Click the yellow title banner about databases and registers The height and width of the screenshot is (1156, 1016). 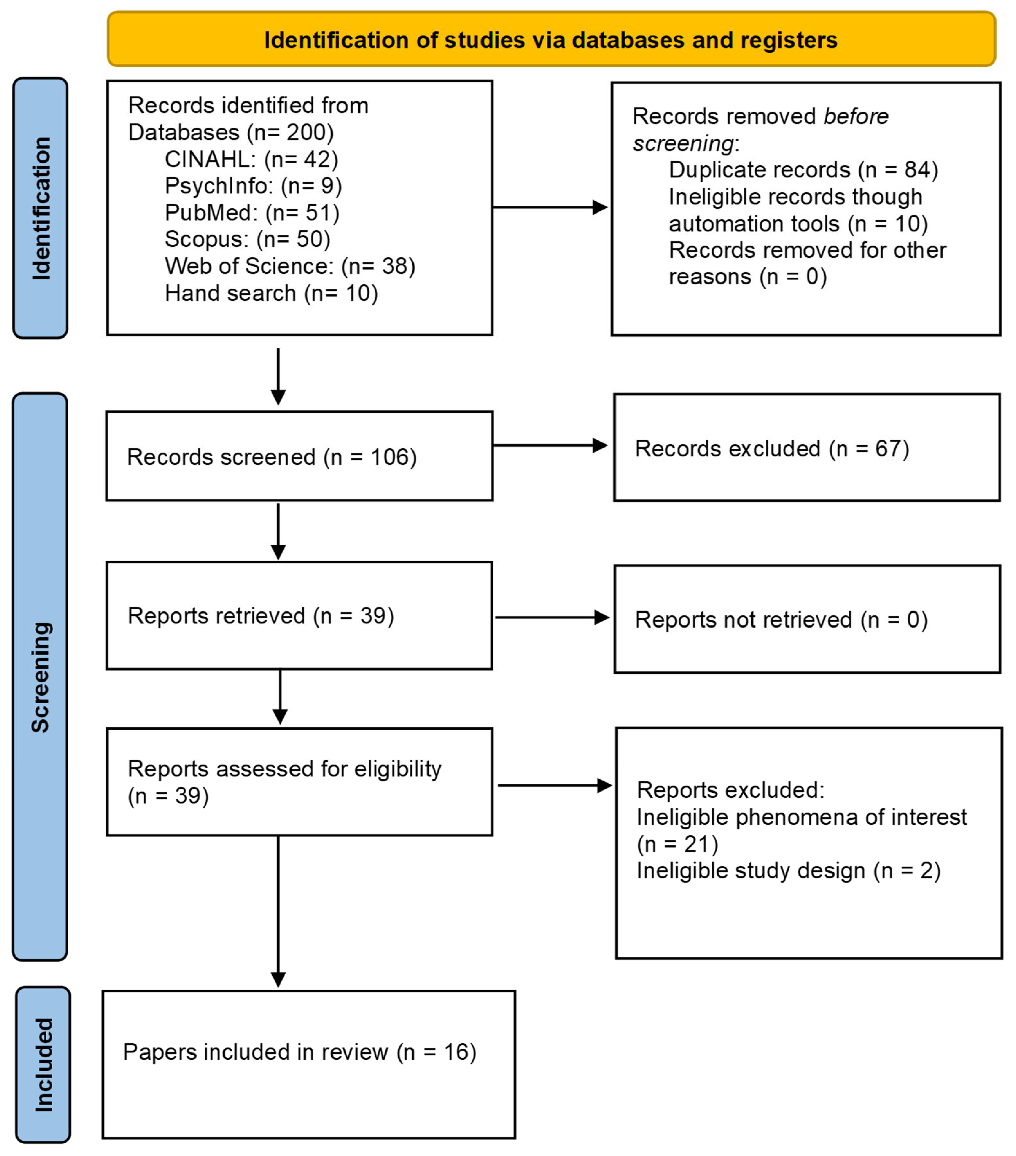pos(551,40)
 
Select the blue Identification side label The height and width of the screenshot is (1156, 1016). pos(41,208)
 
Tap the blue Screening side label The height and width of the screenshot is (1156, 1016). pos(41,677)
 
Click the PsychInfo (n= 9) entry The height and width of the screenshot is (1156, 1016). pos(253,186)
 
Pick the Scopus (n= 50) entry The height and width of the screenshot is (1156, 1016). pos(247,239)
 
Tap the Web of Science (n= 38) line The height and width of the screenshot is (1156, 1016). pos(290,266)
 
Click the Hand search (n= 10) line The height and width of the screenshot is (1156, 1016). pos(271,293)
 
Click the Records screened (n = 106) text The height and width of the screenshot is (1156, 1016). pos(272,457)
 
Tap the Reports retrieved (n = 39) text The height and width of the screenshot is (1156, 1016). pos(260,616)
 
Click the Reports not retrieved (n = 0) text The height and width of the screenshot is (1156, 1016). pos(781,620)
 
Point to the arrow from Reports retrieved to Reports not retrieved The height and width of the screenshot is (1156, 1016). pos(552,618)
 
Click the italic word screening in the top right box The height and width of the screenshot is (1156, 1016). pos(683,144)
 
